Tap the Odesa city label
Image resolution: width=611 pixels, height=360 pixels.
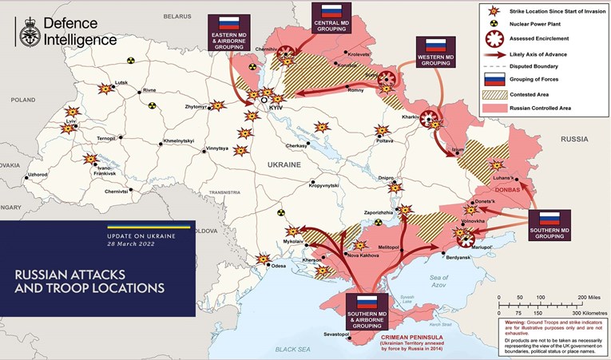[x=278, y=266]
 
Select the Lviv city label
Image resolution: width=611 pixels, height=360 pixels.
[x=71, y=120]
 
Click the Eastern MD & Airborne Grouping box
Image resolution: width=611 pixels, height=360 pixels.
[x=229, y=34]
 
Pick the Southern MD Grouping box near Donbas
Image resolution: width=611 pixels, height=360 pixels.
[x=549, y=225]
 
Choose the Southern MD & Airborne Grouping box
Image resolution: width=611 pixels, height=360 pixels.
[x=366, y=311]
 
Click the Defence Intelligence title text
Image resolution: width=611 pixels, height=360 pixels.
[x=79, y=32]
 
